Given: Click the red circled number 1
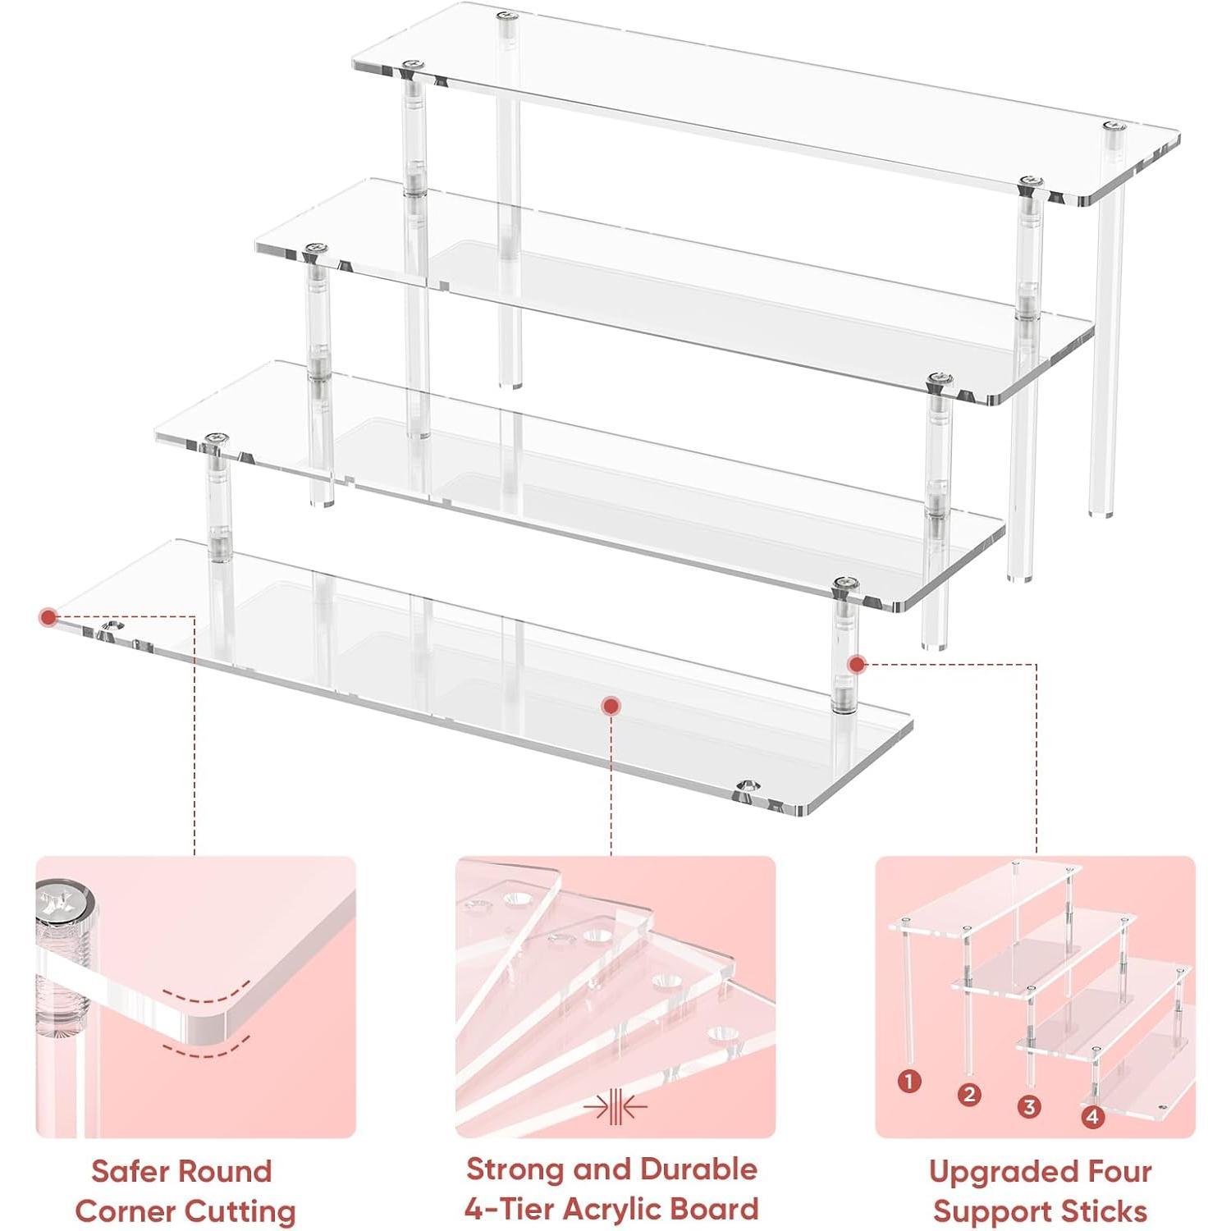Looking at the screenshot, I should point(909,1082).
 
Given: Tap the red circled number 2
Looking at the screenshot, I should point(969,1094).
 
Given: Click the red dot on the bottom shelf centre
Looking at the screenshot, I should point(610,705).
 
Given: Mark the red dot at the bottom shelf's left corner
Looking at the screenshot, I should point(48,615).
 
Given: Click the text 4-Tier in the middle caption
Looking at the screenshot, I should point(501,1208).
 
